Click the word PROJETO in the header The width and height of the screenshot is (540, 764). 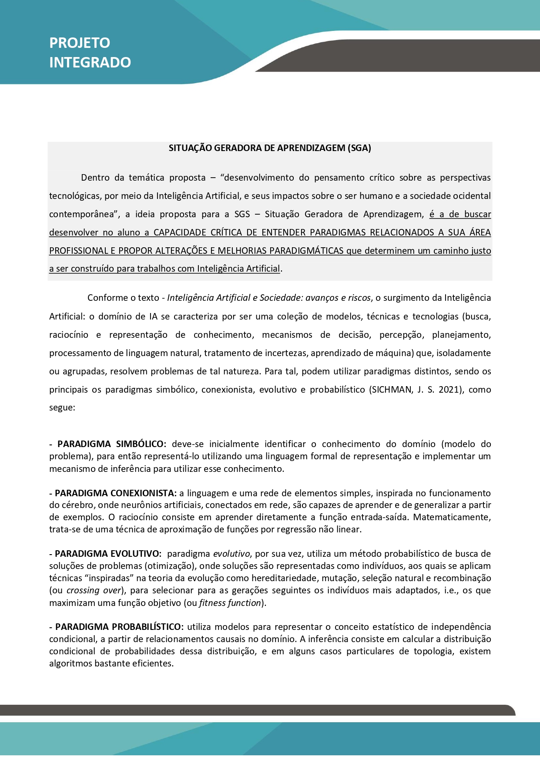tap(80, 43)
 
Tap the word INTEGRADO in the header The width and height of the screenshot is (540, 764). tap(90, 62)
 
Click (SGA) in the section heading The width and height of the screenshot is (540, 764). tap(359, 148)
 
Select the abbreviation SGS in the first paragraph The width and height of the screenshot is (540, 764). tap(242, 214)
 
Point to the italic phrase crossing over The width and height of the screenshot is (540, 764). tap(93, 591)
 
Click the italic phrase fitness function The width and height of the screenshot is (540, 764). tap(230, 603)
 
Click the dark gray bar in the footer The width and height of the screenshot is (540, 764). tap(257, 710)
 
